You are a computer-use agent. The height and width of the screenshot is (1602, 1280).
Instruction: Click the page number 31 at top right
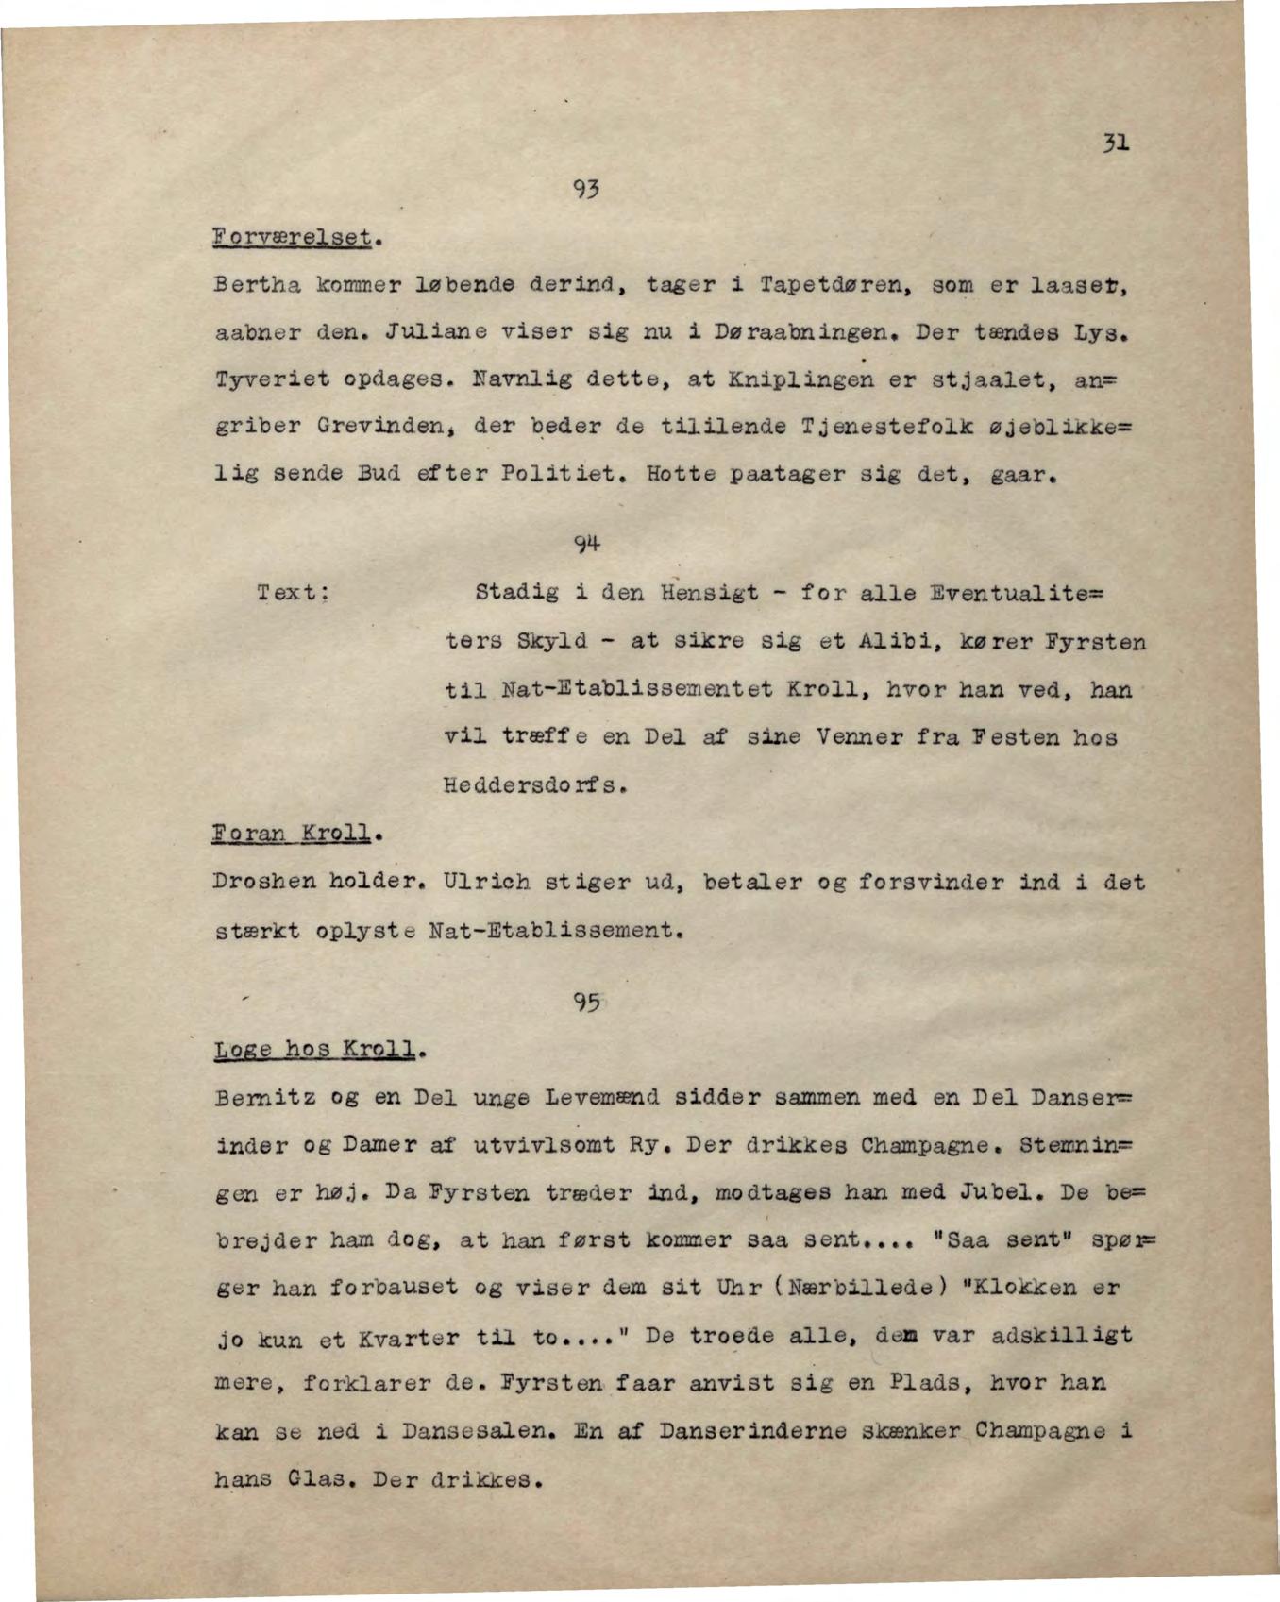tap(1115, 143)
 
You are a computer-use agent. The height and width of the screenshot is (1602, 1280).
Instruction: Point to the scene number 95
tap(585, 1003)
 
